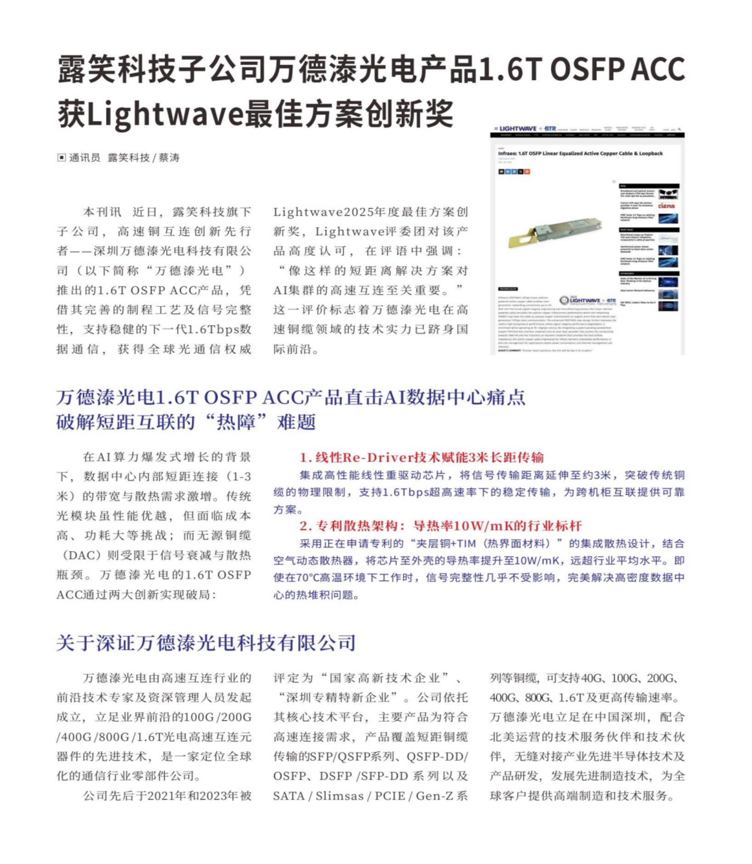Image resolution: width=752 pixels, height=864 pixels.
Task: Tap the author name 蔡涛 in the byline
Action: [x=169, y=158]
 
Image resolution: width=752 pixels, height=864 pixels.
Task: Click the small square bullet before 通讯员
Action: [x=61, y=158]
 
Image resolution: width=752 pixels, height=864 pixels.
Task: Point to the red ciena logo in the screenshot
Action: [x=666, y=206]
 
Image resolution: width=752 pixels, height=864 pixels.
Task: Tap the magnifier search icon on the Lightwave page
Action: [x=679, y=130]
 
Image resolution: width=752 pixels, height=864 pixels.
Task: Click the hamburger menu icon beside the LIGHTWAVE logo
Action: [x=496, y=129]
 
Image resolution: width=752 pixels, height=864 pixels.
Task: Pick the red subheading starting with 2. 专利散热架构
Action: [x=440, y=525]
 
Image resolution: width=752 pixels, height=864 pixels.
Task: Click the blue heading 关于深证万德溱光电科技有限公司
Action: [x=206, y=643]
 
